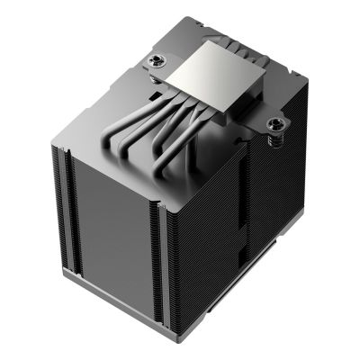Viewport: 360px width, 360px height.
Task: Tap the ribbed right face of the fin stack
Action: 234,234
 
